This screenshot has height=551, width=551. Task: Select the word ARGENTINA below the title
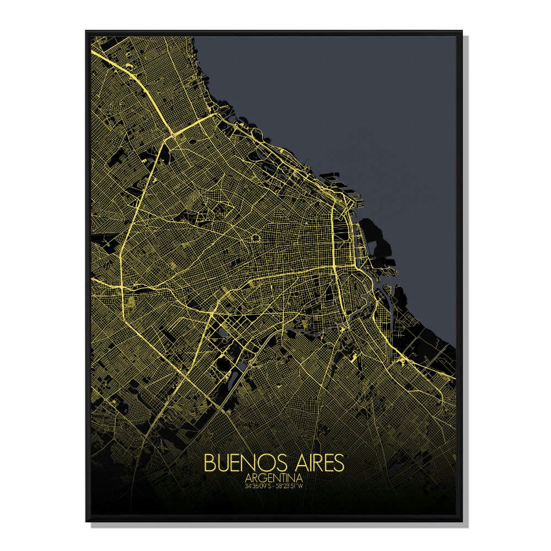pos(274,478)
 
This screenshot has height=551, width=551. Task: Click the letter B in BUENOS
pos(209,462)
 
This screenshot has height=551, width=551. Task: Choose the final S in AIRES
pos(339,462)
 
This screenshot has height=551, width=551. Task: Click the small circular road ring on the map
pos(256,238)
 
